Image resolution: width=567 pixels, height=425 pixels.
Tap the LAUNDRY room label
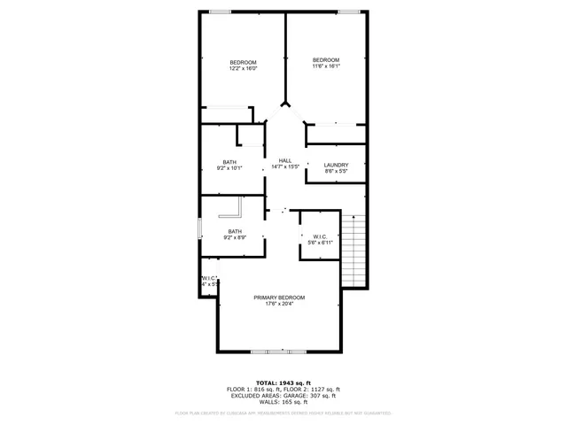(x=336, y=165)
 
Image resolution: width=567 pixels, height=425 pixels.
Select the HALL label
(x=285, y=160)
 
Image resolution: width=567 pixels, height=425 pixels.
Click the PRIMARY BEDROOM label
(x=279, y=297)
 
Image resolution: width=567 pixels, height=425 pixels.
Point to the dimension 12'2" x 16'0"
(x=243, y=68)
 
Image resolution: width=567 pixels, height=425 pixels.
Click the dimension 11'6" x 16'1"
(x=326, y=66)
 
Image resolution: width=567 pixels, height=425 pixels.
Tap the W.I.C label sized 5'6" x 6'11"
(x=320, y=236)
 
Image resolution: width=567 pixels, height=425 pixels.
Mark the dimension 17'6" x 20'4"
(x=278, y=304)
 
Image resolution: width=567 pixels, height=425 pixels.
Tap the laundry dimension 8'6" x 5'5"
(x=336, y=171)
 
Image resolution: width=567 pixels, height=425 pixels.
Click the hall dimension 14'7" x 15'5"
(x=285, y=166)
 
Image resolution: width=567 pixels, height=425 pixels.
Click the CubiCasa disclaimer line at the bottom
(x=283, y=413)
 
